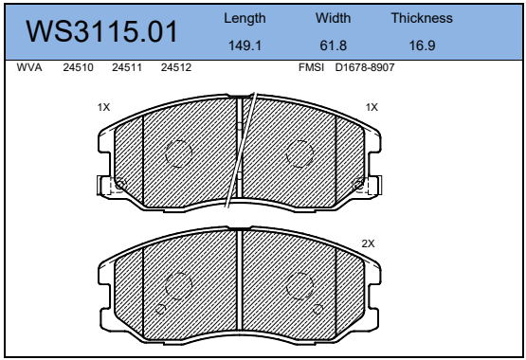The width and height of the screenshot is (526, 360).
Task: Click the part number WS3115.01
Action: pos(101,31)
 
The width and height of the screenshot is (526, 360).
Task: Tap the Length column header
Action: pos(245,19)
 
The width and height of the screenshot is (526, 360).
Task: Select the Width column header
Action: pos(333,18)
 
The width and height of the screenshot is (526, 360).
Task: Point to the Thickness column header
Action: pos(422,18)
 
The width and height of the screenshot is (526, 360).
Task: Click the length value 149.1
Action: pos(245,45)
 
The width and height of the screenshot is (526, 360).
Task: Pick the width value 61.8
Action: pos(333,45)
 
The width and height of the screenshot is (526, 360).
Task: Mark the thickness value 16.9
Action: pos(422,45)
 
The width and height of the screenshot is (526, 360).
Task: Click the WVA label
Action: pos(29,67)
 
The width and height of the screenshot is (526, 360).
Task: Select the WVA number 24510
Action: pos(78,67)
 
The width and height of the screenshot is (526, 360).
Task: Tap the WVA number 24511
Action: pos(127,67)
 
